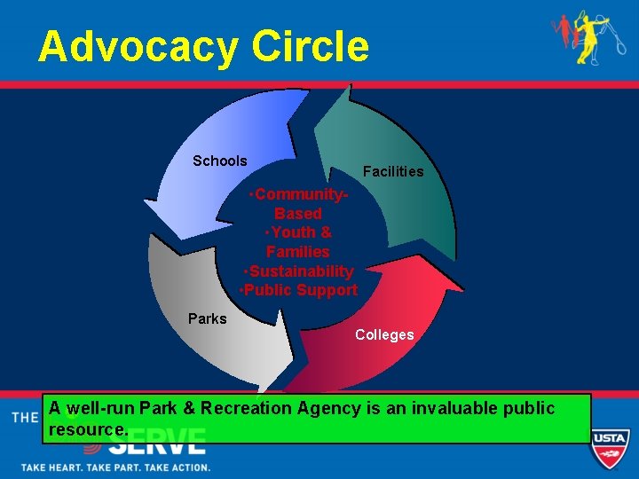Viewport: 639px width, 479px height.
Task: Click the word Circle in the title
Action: point(311,47)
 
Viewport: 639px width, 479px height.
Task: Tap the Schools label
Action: point(220,161)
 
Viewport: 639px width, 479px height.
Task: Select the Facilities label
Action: point(393,171)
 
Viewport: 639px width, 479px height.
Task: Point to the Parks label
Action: point(208,318)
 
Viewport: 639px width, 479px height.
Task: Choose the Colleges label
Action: point(384,334)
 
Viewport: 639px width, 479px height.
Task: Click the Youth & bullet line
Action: point(299,232)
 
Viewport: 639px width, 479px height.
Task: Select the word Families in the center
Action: point(298,252)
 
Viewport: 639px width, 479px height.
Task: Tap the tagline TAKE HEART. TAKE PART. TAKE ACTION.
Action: point(115,467)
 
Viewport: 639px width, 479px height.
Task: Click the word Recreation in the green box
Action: point(246,409)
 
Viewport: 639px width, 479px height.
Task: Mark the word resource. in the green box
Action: point(90,429)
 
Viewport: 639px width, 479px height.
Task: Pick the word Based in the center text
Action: point(298,214)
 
